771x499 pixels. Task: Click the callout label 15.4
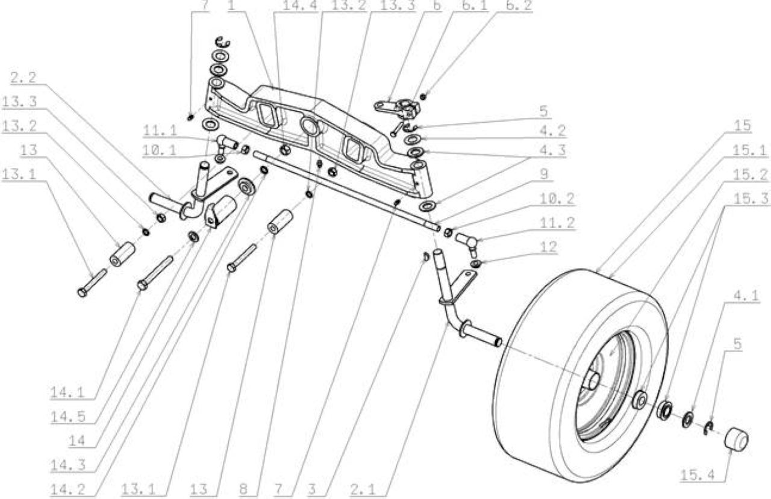(x=698, y=476)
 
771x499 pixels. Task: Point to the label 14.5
(x=67, y=417)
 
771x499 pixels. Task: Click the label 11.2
(x=557, y=223)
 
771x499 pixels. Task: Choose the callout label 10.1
(x=160, y=150)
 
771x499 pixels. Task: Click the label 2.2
(x=23, y=78)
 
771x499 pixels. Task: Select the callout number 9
(x=544, y=174)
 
